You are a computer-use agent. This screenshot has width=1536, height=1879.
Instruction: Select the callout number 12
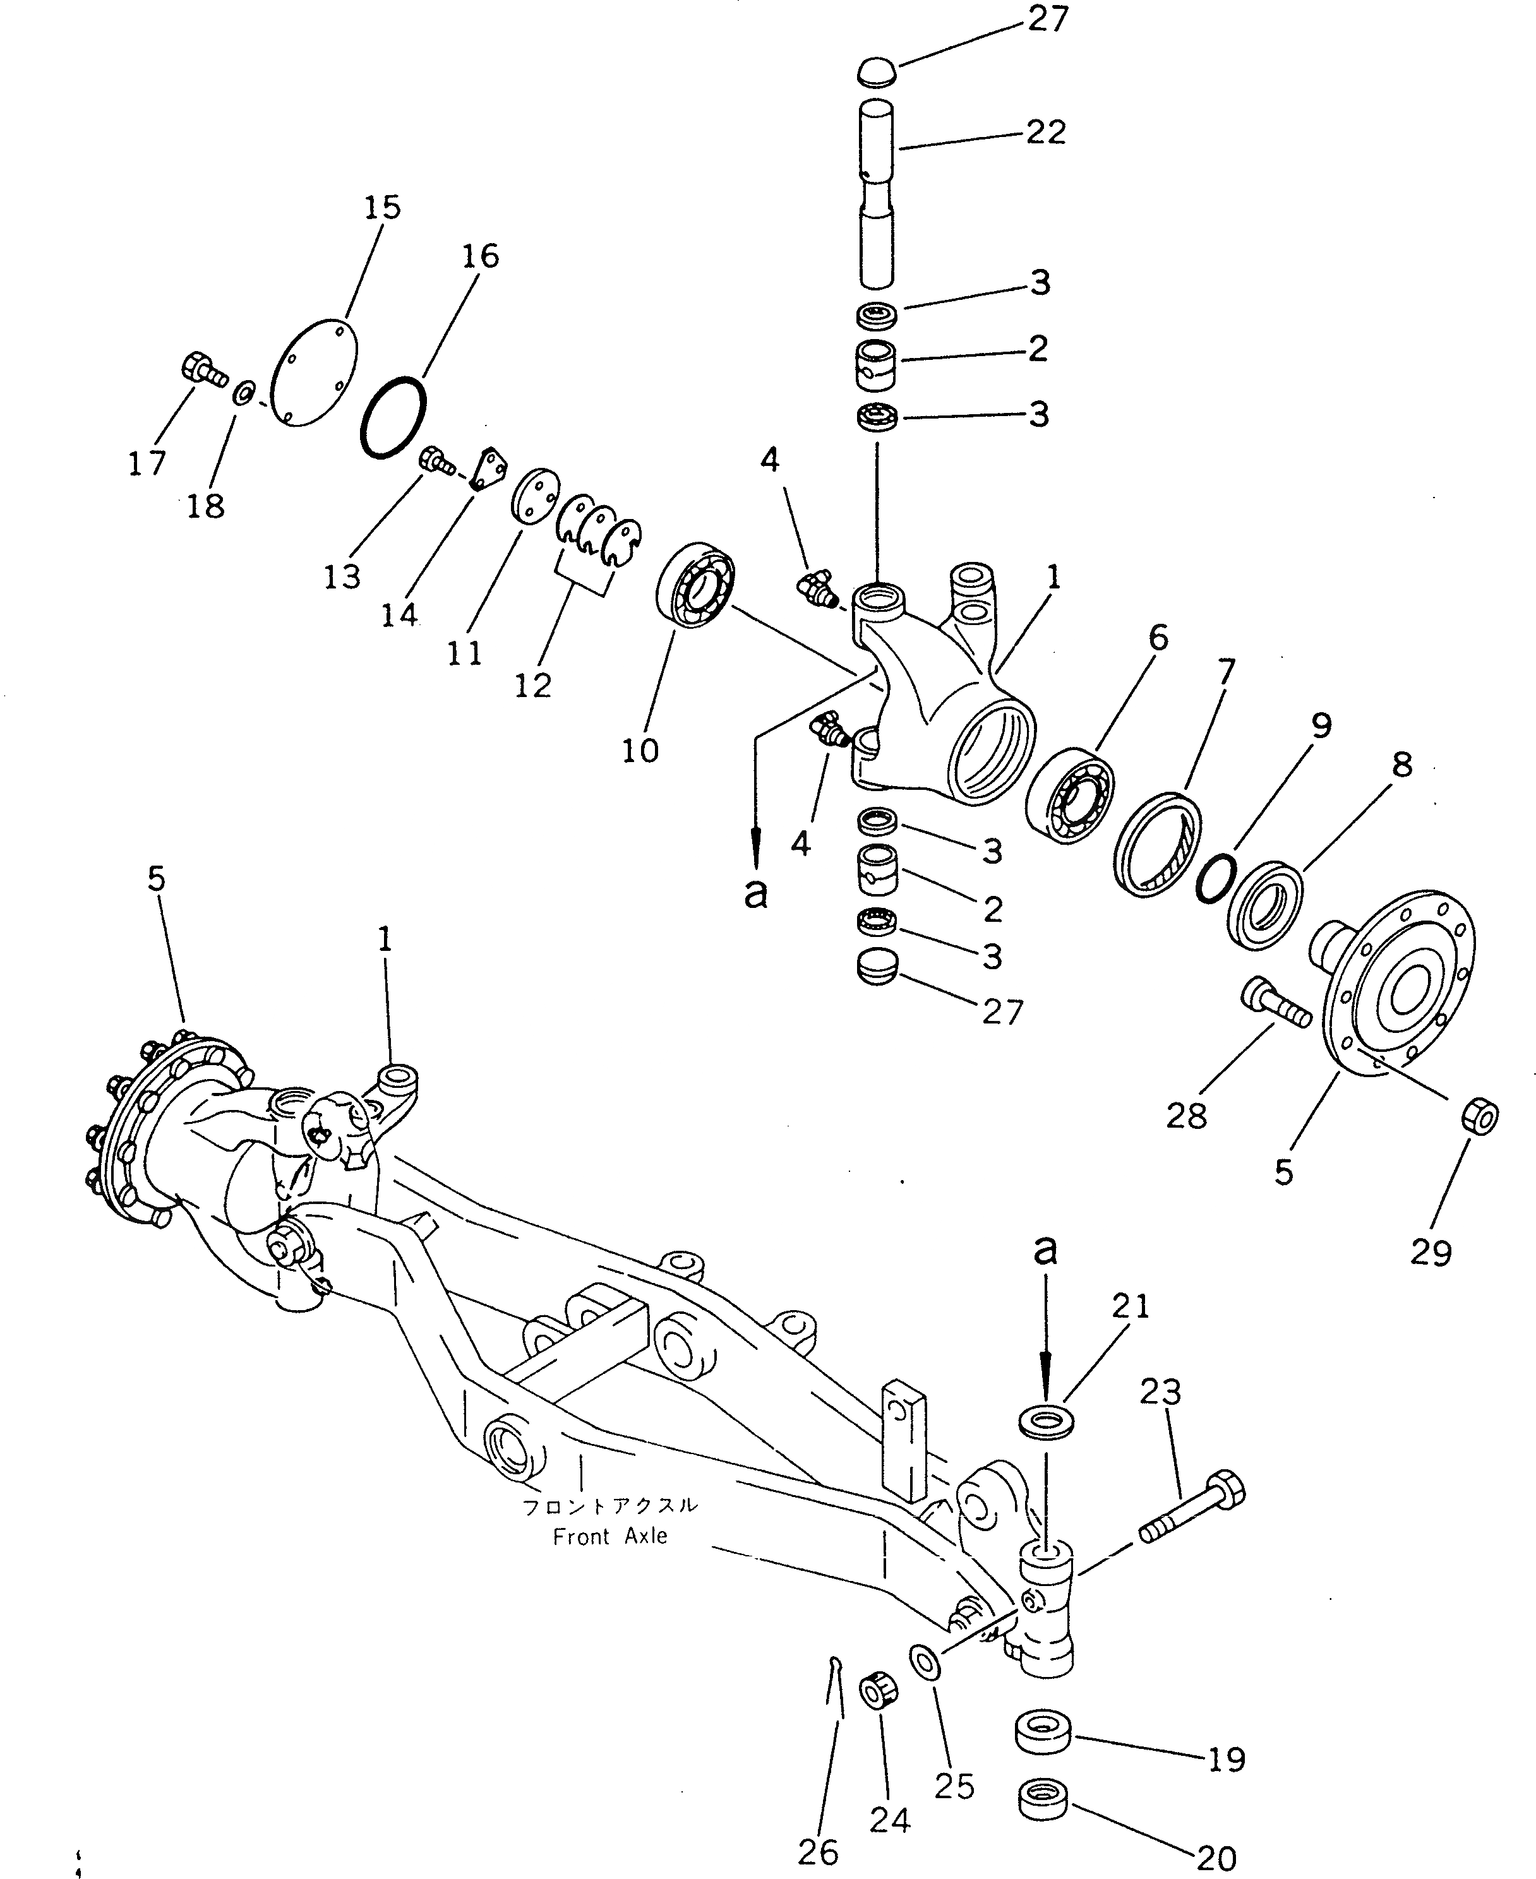[532, 684]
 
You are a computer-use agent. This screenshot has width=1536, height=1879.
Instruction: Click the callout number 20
[1216, 1859]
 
